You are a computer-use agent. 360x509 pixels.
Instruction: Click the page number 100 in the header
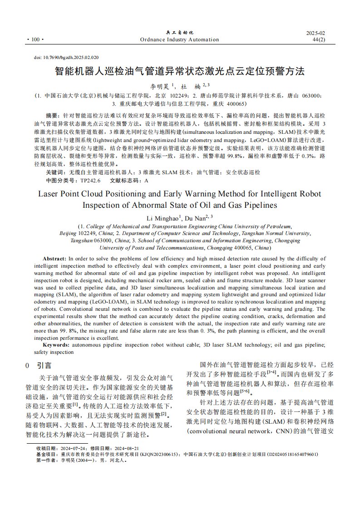coord(35,40)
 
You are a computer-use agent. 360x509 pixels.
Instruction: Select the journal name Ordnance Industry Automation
coord(180,40)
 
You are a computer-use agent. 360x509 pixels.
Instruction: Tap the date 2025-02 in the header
coord(316,34)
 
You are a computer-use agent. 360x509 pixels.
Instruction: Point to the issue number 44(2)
coord(319,40)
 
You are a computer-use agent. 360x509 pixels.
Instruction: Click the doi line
coord(66,58)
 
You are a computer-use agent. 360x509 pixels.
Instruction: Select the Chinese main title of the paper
coord(180,72)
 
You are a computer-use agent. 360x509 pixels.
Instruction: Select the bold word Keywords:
coord(56,345)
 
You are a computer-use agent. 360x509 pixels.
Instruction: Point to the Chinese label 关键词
coord(55,172)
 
